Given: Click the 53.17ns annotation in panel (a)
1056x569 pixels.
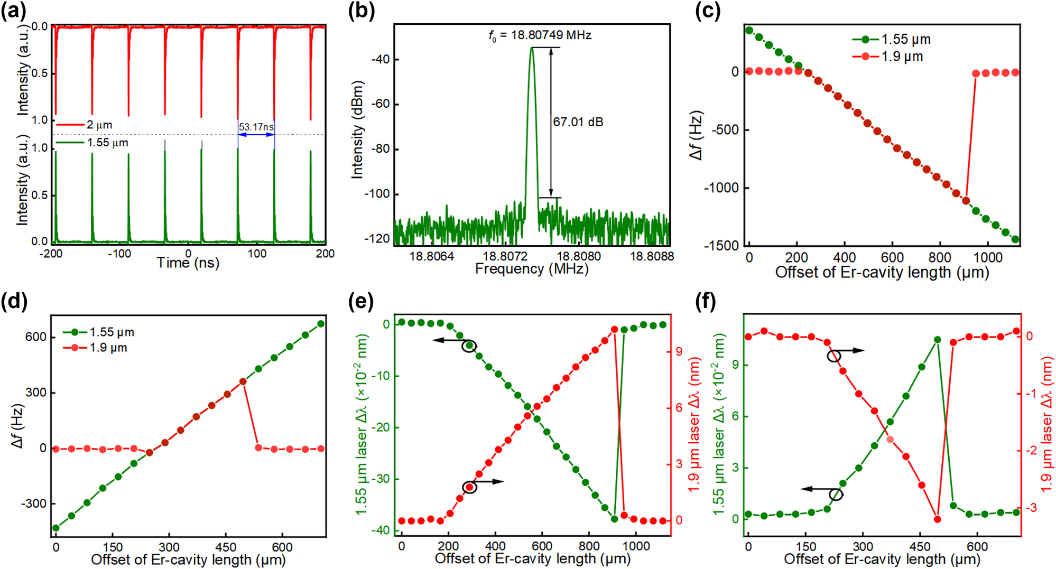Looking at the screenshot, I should point(256,127).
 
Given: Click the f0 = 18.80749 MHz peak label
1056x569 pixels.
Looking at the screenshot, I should point(540,35).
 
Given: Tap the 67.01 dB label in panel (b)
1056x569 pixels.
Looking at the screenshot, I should point(578,122).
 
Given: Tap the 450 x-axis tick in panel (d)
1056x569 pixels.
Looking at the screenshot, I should point(226,547).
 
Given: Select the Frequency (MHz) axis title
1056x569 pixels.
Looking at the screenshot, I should point(531,269).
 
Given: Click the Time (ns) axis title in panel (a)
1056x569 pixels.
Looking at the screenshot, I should point(188,263).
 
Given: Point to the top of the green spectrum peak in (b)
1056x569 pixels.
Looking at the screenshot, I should point(532,48).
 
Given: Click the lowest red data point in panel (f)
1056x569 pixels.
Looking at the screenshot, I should point(938,519).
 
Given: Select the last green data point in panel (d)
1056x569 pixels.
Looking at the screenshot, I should point(320,324).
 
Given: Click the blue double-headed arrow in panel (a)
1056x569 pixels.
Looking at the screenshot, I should point(256,135).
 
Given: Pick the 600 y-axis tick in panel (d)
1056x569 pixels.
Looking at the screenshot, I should point(36,337).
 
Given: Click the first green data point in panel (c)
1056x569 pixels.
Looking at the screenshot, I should point(749,30).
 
